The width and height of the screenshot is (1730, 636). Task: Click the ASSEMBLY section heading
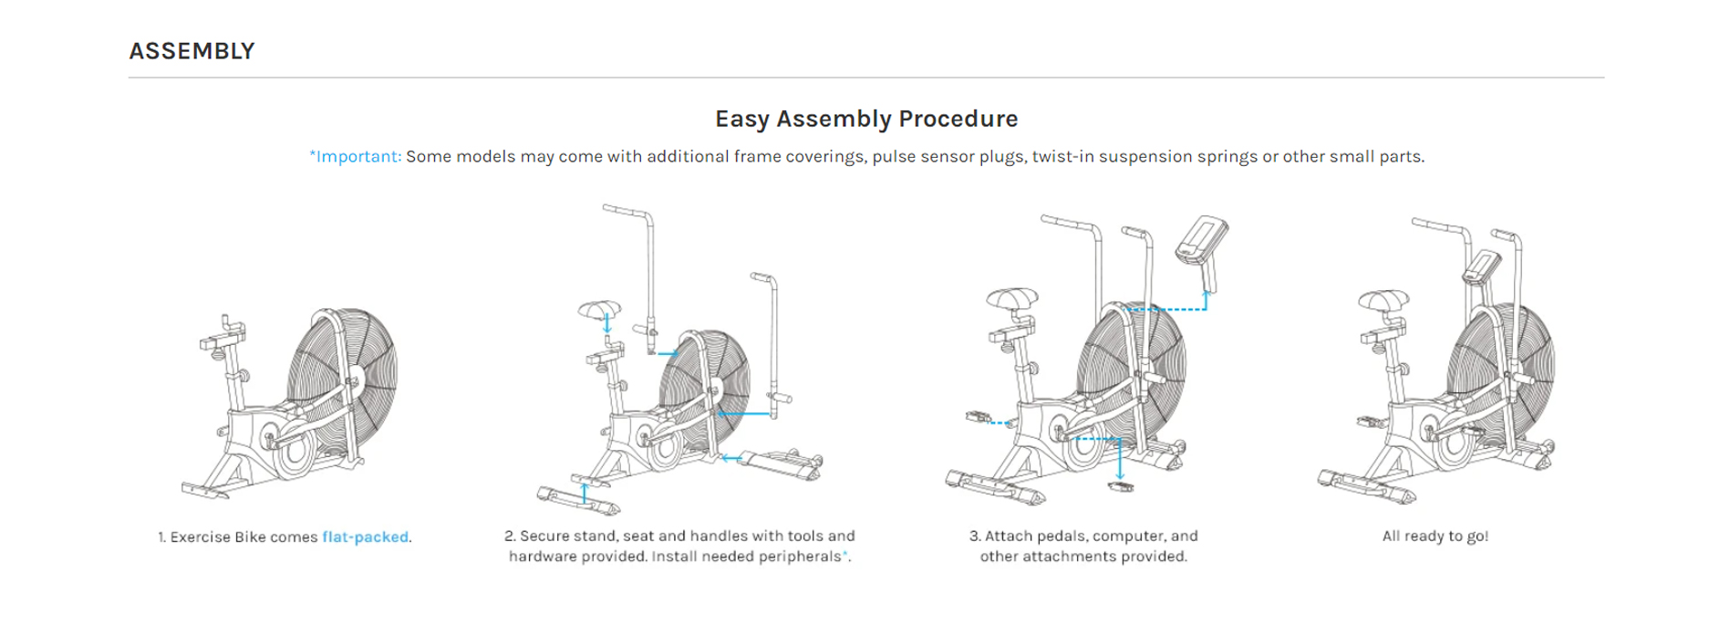coord(192,51)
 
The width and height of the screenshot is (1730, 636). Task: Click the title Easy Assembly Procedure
coord(865,119)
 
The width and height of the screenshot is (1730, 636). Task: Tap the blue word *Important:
coord(355,156)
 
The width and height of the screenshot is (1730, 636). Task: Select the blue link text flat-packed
coord(365,537)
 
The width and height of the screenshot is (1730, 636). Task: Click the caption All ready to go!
coord(1435,536)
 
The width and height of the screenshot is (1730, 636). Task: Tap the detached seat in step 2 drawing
coord(599,310)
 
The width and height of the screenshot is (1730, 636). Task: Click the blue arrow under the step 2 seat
coord(607,324)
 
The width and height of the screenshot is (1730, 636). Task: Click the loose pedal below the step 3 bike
coord(1121,487)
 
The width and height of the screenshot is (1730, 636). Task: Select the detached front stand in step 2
coord(781,461)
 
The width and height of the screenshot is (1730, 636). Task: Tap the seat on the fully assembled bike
coord(1383,300)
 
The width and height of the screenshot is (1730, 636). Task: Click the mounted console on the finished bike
coord(1481,267)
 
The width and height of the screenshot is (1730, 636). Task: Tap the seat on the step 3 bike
coord(1012,298)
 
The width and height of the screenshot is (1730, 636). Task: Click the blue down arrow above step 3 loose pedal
coord(1120,461)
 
